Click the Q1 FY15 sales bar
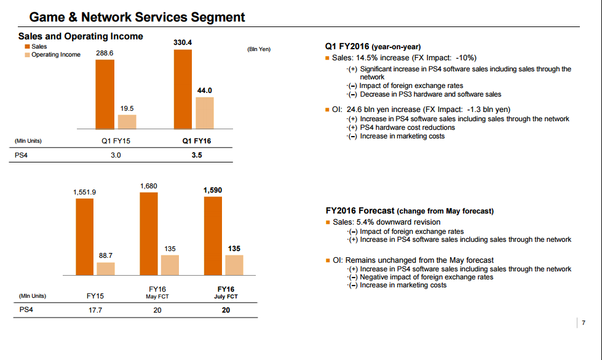point(105,95)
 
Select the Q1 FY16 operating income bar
point(205,113)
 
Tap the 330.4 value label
point(183,42)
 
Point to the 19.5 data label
point(127,108)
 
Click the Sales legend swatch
point(27,47)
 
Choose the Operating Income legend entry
point(53,55)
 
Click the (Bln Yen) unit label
point(259,49)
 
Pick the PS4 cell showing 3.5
point(197,155)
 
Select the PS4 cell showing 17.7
point(95,310)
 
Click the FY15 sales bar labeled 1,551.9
point(84,237)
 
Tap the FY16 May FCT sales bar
point(149,234)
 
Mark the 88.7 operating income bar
point(106,269)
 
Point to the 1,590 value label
point(213,190)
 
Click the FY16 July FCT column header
point(226,292)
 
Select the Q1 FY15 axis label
point(116,141)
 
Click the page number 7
point(584,322)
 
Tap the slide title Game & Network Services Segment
point(137,17)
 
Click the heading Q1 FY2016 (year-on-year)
point(373,47)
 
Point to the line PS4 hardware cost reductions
point(407,127)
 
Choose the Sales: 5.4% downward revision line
point(387,222)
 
